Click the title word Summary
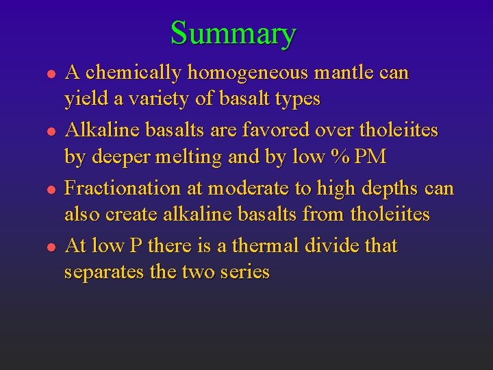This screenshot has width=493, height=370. pos(233,33)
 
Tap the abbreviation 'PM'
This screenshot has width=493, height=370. pos(370,157)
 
